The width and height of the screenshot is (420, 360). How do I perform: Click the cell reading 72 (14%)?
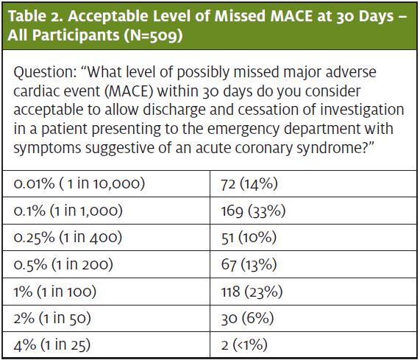coord(249,184)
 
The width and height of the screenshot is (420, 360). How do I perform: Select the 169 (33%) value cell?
coord(253,211)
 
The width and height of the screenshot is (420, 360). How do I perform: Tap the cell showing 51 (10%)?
coord(249,238)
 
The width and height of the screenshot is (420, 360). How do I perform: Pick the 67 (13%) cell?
coord(249,264)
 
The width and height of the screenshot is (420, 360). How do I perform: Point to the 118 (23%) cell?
coord(252,292)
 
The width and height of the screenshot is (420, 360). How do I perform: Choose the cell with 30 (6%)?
coord(247,318)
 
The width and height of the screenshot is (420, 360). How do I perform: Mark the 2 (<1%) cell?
coord(244,345)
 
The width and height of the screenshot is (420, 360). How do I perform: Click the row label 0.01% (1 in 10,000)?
coord(79,184)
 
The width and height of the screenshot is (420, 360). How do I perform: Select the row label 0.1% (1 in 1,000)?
coord(68,211)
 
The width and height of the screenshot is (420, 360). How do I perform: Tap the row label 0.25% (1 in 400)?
coord(68,238)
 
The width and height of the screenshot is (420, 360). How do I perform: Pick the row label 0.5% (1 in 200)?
coord(63,264)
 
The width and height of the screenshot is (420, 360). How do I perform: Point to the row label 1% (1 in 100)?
coord(55,291)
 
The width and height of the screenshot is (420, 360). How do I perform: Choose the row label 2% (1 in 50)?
coord(52,318)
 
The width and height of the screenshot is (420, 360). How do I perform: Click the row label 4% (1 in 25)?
coord(52,345)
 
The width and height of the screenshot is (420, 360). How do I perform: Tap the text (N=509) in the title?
coord(153,35)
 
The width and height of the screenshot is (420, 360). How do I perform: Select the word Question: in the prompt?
coord(46,73)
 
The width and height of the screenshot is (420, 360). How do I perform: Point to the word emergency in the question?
coord(243,130)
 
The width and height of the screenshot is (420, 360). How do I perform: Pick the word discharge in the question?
coord(174,110)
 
